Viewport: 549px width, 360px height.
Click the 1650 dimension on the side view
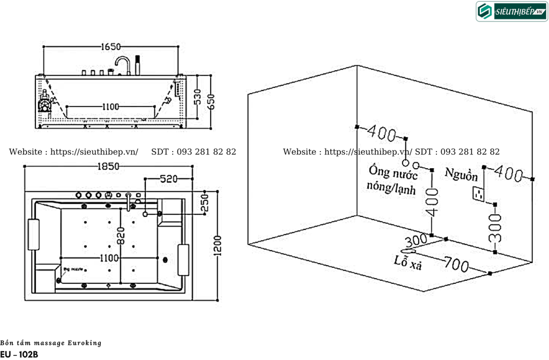[111, 47]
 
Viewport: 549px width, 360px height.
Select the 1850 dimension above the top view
[109, 167]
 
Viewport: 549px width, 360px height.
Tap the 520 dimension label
[168, 178]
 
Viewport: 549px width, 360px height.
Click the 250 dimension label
[204, 203]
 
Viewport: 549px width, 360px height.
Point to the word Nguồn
[461, 175]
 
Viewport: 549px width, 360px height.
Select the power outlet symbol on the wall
[478, 193]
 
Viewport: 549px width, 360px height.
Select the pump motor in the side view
[46, 102]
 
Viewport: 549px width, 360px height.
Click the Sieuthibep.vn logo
[511, 11]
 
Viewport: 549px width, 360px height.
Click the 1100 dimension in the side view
[110, 107]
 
